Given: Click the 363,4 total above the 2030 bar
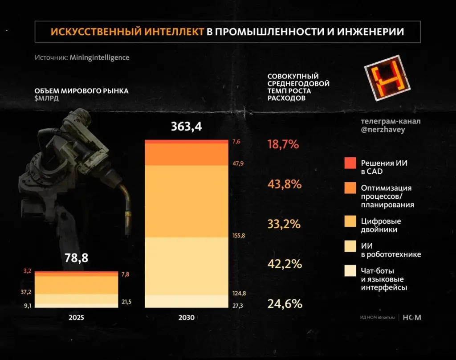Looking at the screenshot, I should (187, 127).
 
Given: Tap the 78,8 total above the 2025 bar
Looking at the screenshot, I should (76, 259).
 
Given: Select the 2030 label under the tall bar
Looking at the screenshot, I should (186, 318).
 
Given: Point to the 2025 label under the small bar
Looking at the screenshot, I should (76, 318).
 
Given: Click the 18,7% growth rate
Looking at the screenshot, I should (283, 144).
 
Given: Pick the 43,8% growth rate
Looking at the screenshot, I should (285, 184).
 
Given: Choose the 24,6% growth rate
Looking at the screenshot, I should (285, 304).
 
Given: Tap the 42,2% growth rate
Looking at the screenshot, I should (285, 264).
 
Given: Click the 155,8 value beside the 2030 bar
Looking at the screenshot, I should (239, 235).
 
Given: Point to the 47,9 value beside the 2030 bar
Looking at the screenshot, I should (239, 164).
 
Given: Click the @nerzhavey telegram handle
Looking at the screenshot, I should (383, 130).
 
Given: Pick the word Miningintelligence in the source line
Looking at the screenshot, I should (99, 57).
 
